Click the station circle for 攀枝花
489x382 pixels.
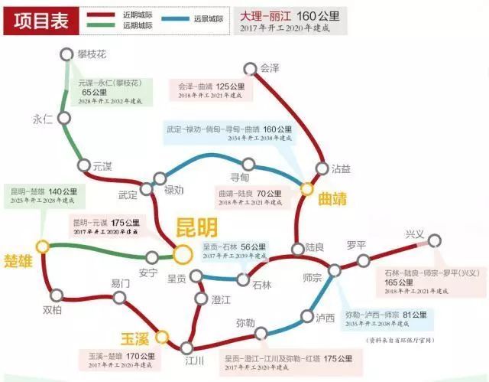tap(65, 55)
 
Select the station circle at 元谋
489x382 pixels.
tap(83, 165)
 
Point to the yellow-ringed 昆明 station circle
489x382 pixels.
tap(182, 253)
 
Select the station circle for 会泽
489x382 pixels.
tap(248, 69)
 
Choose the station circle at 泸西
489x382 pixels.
tap(308, 317)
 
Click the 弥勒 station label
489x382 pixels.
tap(245, 322)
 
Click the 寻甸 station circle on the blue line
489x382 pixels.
tap(248, 164)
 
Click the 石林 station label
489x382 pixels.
tap(261, 285)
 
